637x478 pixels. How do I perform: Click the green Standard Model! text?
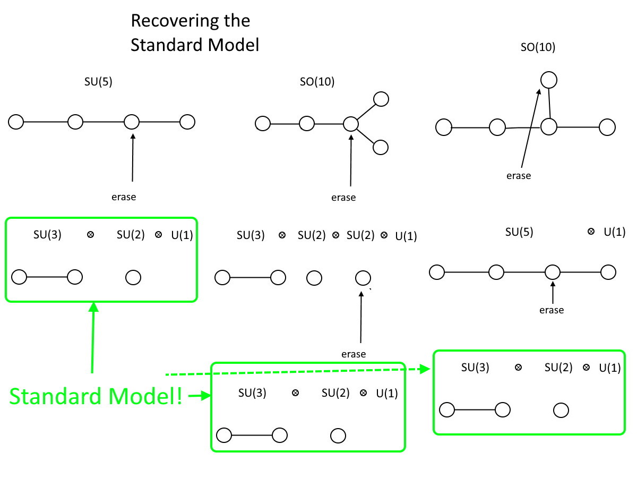pyautogui.click(x=96, y=397)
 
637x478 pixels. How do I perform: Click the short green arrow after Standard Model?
pyautogui.click(x=199, y=396)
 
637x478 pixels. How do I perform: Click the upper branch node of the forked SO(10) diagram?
pyautogui.click(x=381, y=99)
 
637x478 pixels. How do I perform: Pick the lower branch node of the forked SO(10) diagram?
pyautogui.click(x=381, y=147)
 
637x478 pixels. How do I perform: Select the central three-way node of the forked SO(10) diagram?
pyautogui.click(x=350, y=124)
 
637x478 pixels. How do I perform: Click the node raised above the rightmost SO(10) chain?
pyautogui.click(x=548, y=80)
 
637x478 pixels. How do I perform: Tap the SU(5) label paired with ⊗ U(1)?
pyautogui.click(x=519, y=232)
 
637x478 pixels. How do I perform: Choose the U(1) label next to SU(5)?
pyautogui.click(x=614, y=232)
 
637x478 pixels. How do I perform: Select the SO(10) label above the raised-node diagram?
pyautogui.click(x=538, y=47)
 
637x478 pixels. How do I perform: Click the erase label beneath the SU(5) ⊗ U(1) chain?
pyautogui.click(x=552, y=310)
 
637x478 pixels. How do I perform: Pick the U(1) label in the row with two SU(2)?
pyautogui.click(x=406, y=236)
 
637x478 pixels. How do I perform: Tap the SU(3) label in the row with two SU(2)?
pyautogui.click(x=251, y=235)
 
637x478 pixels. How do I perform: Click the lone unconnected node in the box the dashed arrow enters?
pyautogui.click(x=561, y=410)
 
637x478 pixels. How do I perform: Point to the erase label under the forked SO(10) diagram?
pyautogui.click(x=343, y=198)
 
